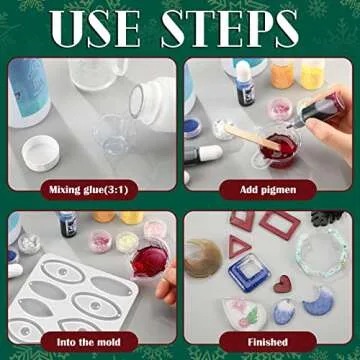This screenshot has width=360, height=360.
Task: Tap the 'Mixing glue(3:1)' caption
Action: pyautogui.click(x=92, y=188)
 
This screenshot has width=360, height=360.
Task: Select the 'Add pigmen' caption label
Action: pyautogui.click(x=267, y=188)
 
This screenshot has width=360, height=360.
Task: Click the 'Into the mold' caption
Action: pyautogui.click(x=92, y=342)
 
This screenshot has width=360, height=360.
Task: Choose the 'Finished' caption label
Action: pyautogui.click(x=267, y=342)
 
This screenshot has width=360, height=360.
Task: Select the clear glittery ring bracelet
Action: pyautogui.click(x=324, y=250)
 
